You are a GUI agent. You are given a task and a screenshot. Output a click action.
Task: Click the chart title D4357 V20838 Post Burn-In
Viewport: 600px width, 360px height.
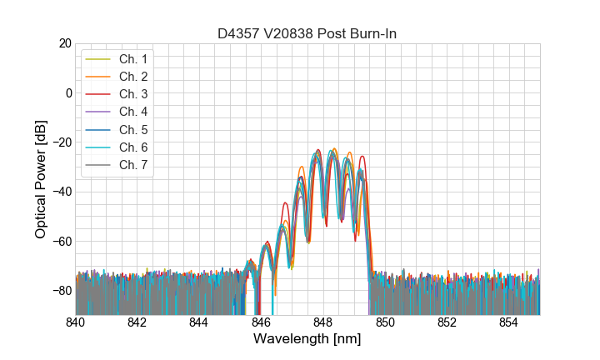pos(307,33)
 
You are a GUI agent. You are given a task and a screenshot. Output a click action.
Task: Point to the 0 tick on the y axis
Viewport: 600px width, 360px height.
pos(67,92)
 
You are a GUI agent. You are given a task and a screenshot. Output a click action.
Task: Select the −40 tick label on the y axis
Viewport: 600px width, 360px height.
pos(60,192)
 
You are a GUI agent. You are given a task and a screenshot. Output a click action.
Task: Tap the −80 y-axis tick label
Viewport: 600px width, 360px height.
pos(60,291)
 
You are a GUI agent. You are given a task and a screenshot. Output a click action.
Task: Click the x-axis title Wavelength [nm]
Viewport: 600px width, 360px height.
pos(307,340)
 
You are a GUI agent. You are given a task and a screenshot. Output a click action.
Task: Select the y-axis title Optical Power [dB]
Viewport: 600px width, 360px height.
pos(41,179)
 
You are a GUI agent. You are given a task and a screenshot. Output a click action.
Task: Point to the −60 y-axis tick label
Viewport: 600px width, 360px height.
pos(60,242)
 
